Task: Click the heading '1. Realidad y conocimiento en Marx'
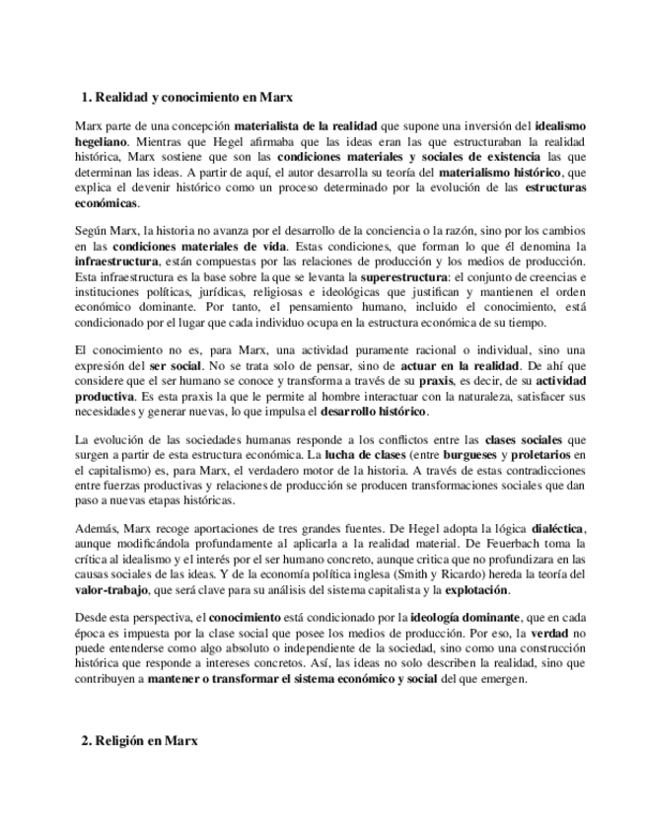tap(186, 98)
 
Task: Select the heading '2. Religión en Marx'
tap(139, 740)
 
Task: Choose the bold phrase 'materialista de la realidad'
tap(305, 126)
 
